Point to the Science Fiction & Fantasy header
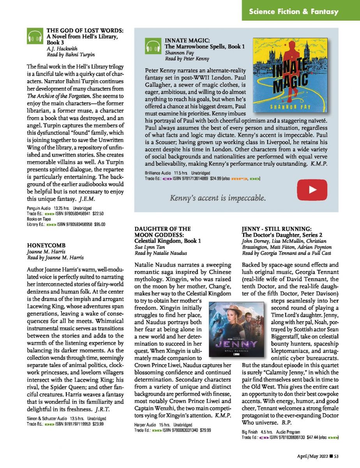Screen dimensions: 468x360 coord(294,12)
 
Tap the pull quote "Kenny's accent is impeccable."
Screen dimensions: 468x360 coord(218,198)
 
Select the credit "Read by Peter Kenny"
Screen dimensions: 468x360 coord(187,59)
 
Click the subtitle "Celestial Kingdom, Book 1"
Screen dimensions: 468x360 coord(168,241)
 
